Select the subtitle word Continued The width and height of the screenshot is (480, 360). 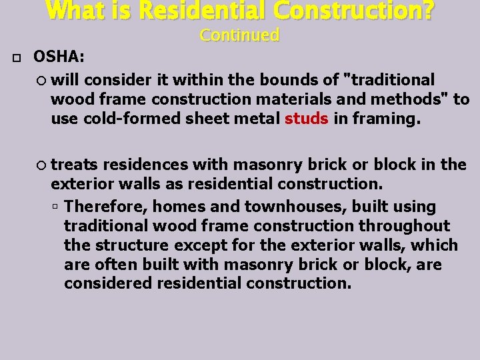[239, 35]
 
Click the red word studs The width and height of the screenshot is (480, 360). [306, 119]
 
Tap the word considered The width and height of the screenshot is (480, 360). [108, 283]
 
